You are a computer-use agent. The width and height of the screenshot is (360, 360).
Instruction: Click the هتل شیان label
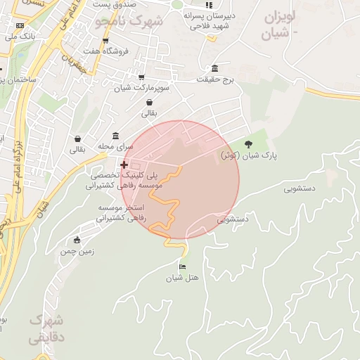click(x=183, y=278)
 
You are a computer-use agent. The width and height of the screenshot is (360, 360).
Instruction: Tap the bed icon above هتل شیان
click(x=183, y=267)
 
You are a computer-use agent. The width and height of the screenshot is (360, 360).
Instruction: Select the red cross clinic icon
click(x=124, y=165)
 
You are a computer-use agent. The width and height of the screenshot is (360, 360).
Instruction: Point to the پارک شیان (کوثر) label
click(x=245, y=155)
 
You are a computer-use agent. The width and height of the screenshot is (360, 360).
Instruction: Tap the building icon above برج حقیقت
click(x=214, y=68)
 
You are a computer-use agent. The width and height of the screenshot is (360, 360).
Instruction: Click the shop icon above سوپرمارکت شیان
click(x=141, y=77)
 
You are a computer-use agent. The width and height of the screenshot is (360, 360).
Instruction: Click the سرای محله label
click(x=115, y=147)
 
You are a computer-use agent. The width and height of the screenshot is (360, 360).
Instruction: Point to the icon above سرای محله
click(x=115, y=136)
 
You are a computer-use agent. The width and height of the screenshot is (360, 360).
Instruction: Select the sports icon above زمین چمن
click(x=77, y=240)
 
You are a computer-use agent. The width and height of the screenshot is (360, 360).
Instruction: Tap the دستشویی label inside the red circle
click(x=233, y=219)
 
